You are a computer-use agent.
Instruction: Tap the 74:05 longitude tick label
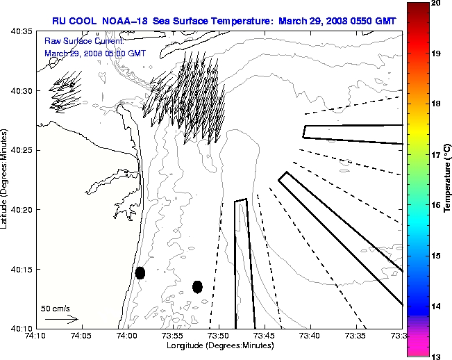[x=81, y=336]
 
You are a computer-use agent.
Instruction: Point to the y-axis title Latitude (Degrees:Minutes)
[x=6, y=180]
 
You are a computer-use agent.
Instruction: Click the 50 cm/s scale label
[x=56, y=308]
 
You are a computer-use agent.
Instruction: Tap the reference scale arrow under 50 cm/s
[x=61, y=319]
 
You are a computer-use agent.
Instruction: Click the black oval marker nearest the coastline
[x=140, y=272]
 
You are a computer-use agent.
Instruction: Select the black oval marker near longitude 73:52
[x=197, y=286]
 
